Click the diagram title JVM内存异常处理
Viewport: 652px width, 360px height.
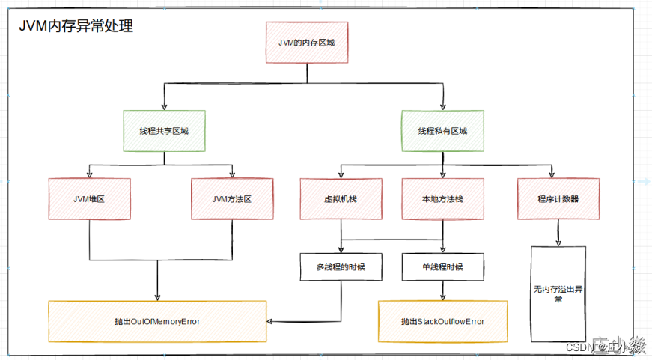pyautogui.click(x=76, y=26)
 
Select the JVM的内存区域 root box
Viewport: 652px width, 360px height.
pyautogui.click(x=306, y=43)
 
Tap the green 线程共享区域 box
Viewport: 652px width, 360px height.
pyautogui.click(x=163, y=131)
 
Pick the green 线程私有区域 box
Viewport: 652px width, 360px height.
pyautogui.click(x=442, y=131)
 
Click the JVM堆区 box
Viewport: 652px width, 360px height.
pyautogui.click(x=89, y=198)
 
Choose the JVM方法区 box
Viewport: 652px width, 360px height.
pyautogui.click(x=231, y=198)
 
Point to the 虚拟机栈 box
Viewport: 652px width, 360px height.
pyautogui.click(x=341, y=198)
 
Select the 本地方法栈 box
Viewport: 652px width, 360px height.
pyautogui.click(x=442, y=198)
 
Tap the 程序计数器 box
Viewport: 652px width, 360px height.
pyautogui.click(x=558, y=198)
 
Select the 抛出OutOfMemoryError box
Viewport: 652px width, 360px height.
pyautogui.click(x=157, y=321)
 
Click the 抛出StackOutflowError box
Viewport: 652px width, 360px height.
pyautogui.click(x=442, y=321)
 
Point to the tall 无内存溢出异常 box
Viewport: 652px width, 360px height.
pyautogui.click(x=558, y=293)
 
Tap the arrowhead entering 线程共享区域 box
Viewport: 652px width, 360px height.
pyautogui.click(x=163, y=107)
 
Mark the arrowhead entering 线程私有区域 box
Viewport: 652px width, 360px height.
pyautogui.click(x=442, y=107)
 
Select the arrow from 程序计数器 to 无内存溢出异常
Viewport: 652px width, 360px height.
pyautogui.click(x=558, y=232)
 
